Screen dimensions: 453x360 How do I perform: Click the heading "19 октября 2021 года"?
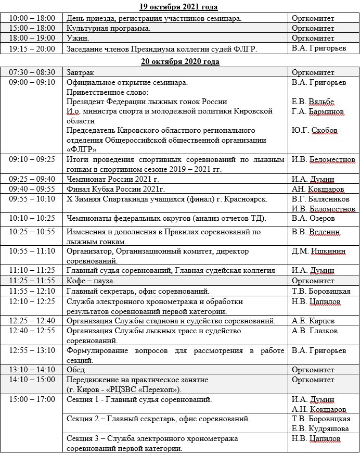(x=179, y=7)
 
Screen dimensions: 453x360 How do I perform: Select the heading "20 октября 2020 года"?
(x=179, y=61)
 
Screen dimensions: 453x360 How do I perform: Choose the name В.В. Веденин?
(x=316, y=232)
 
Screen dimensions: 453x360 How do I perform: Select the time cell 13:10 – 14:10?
(x=31, y=370)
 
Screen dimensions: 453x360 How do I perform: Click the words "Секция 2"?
(x=84, y=419)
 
